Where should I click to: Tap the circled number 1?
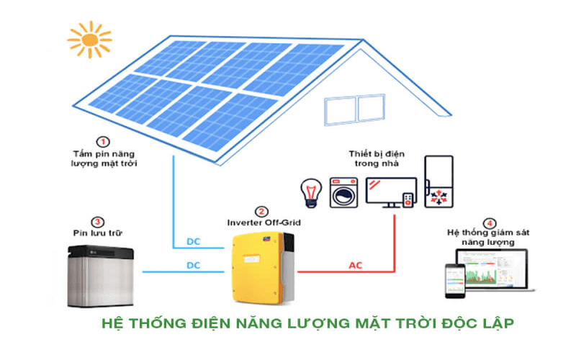tap(104, 142)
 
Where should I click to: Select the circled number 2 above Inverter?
tap(262, 212)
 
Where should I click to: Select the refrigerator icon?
tap(438, 183)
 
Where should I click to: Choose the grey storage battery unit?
tap(102, 275)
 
